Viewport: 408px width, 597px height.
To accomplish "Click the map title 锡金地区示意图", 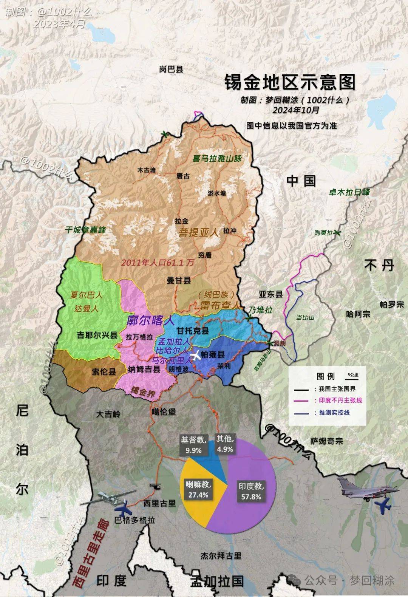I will click(x=290, y=82).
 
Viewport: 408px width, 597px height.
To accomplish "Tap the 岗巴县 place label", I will click(x=171, y=69).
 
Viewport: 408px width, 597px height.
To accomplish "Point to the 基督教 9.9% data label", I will click(x=193, y=445).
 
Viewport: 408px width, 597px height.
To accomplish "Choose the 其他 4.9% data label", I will click(x=225, y=444).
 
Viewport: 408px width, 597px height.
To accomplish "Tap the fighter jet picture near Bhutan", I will click(x=368, y=489).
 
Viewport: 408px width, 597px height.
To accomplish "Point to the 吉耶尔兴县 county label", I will click(x=97, y=335).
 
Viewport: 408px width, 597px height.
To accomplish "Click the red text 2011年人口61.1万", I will click(x=158, y=262).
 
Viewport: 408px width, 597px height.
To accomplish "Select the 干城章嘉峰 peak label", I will click(x=85, y=230).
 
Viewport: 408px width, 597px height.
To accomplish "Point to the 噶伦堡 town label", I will click(x=164, y=412).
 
